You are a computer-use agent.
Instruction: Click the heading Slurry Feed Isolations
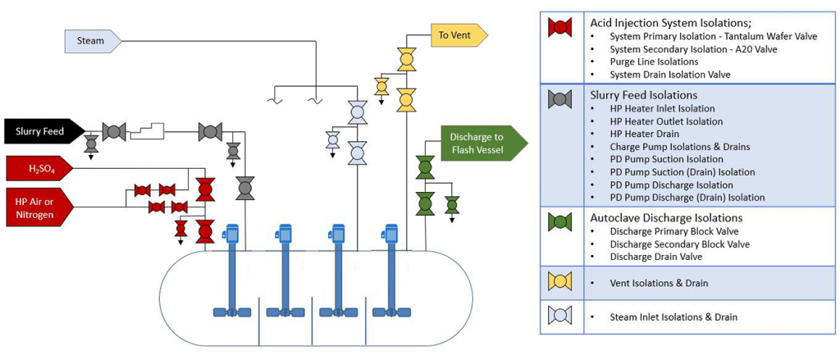click(643, 95)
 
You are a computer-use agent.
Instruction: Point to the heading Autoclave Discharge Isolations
click(666, 218)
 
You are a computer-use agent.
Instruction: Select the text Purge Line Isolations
click(654, 62)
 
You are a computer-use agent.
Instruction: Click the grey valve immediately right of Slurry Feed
click(114, 131)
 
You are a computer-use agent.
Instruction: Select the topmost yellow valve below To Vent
click(405, 59)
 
